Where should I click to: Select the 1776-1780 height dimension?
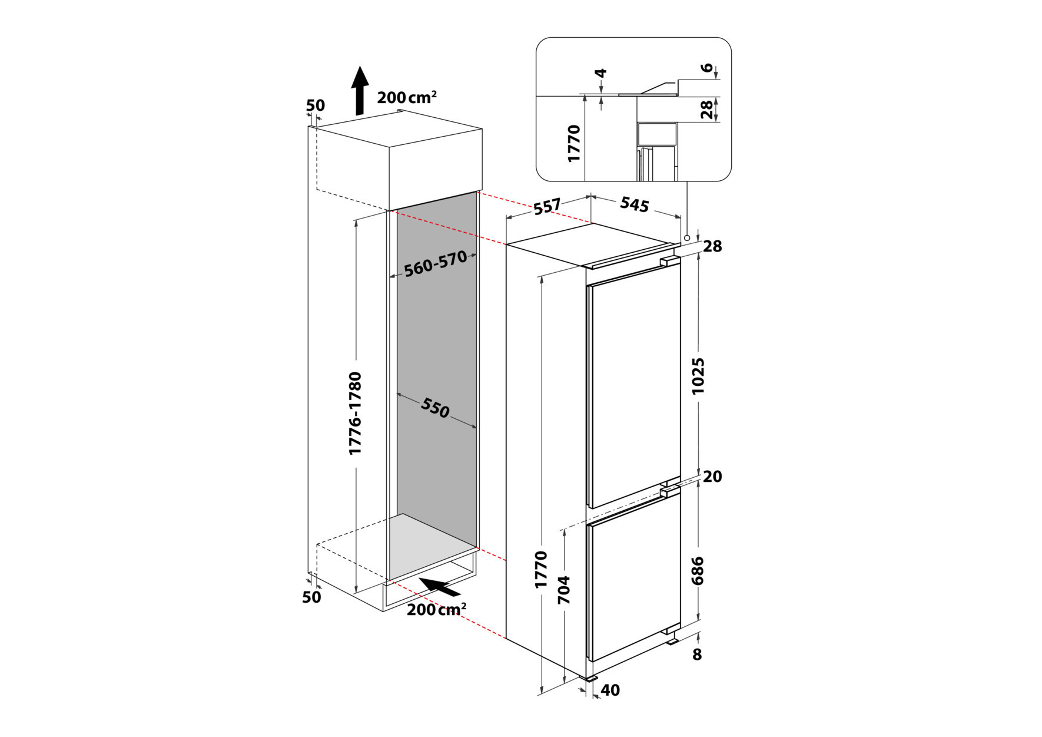[355, 413]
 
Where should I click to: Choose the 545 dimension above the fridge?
[635, 204]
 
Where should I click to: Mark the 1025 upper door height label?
[698, 376]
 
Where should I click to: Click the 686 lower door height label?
[698, 571]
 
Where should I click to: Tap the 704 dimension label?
[564, 590]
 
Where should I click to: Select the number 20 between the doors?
[712, 476]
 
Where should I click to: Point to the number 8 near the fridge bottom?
[697, 655]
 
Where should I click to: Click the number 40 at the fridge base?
[610, 690]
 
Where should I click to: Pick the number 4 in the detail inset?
[600, 74]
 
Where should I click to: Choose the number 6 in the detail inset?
[707, 68]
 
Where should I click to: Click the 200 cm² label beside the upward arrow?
[407, 97]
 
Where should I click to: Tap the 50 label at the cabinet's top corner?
[316, 105]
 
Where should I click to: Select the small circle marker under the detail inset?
[687, 237]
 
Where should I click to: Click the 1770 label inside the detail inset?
[574, 143]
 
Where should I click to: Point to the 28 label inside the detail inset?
[707, 110]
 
